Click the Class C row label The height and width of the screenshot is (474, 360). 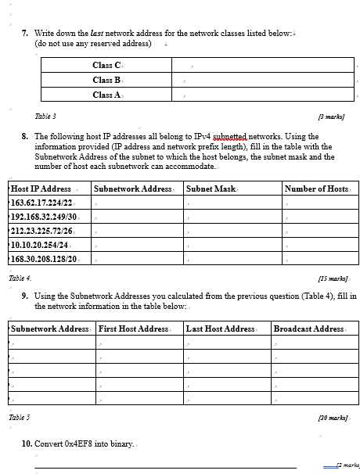click(106, 66)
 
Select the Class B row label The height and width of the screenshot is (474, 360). click(106, 80)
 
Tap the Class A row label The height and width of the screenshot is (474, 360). click(106, 95)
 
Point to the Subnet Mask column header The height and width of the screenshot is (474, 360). click(211, 189)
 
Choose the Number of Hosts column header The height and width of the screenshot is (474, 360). click(316, 189)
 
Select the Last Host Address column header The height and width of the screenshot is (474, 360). click(220, 329)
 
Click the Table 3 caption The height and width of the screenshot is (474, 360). click(45, 116)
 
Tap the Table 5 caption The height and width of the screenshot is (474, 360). click(20, 418)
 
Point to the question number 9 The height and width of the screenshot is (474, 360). click(26, 296)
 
